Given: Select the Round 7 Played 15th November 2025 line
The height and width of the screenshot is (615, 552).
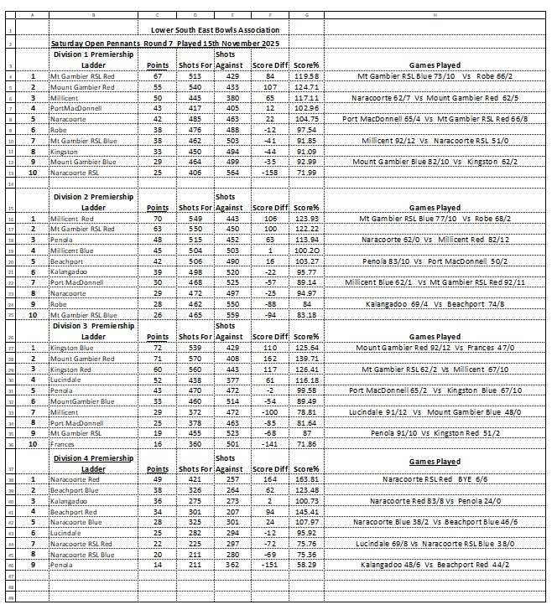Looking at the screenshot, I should tap(165, 42).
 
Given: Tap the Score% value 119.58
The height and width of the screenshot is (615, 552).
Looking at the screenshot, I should tap(307, 75).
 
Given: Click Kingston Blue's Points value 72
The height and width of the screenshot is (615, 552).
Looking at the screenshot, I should tap(155, 348).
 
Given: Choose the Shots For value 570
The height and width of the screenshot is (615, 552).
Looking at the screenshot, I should tap(192, 359).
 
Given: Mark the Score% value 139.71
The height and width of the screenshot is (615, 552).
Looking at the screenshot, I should tap(307, 359).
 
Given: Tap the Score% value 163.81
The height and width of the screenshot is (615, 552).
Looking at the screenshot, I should tap(307, 479).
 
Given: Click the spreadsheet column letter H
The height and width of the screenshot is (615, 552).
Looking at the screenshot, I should tap(434, 15).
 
